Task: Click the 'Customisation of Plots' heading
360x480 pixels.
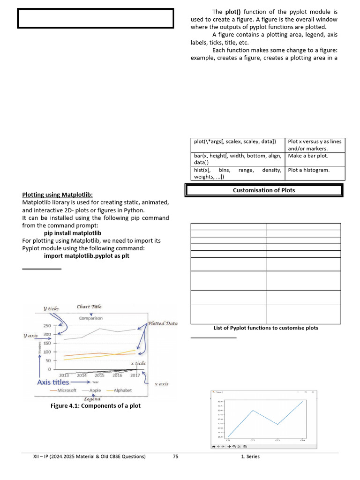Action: point(264,190)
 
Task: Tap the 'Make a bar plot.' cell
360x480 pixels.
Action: point(308,156)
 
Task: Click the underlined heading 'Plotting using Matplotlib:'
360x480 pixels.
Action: point(58,195)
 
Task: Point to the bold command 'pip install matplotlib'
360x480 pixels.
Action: point(73,232)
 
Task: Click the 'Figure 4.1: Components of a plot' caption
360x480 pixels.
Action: point(96,405)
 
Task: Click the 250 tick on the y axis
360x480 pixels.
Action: point(47,325)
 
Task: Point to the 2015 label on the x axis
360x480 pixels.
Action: point(100,375)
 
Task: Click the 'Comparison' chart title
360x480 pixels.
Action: point(91,318)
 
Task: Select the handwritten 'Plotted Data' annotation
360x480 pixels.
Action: point(163,323)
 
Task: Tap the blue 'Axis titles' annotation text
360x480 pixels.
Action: point(53,382)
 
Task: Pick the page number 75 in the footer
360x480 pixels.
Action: point(175,457)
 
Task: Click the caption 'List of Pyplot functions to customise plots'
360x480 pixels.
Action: point(266,328)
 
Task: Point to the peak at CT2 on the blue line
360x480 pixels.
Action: point(253,411)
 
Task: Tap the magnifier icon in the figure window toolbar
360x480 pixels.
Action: point(234,446)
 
